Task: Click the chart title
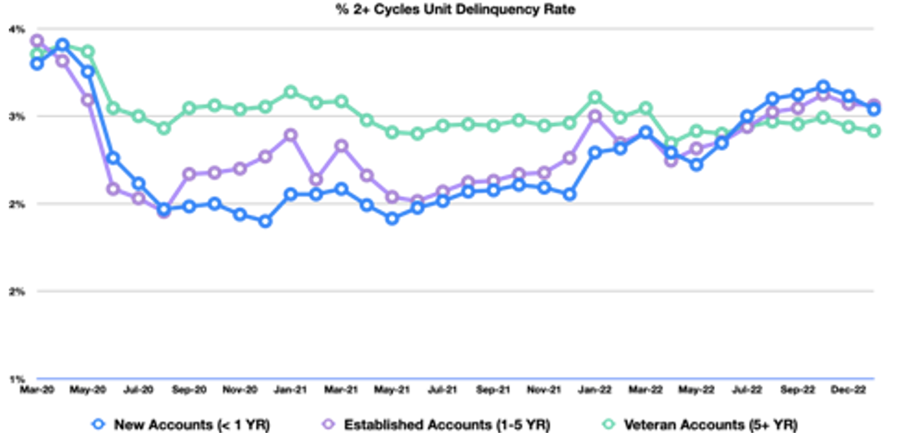tap(455, 9)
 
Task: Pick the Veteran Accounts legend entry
tap(700, 424)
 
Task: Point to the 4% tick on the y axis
tap(17, 29)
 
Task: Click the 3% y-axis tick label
tap(17, 117)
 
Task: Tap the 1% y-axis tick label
tap(17, 379)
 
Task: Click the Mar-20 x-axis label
tap(37, 390)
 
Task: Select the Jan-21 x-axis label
tap(290, 390)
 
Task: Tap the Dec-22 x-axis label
tap(848, 390)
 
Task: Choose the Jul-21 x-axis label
tap(443, 390)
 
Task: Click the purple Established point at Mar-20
tap(37, 41)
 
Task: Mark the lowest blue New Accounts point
tap(265, 221)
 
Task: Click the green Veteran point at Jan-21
tap(290, 92)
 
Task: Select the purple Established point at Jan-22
tap(595, 117)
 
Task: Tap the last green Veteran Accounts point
tap(874, 131)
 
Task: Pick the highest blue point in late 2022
tap(823, 87)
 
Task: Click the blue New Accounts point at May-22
tap(696, 165)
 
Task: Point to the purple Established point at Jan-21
tap(290, 135)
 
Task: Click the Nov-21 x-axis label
tap(544, 390)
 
